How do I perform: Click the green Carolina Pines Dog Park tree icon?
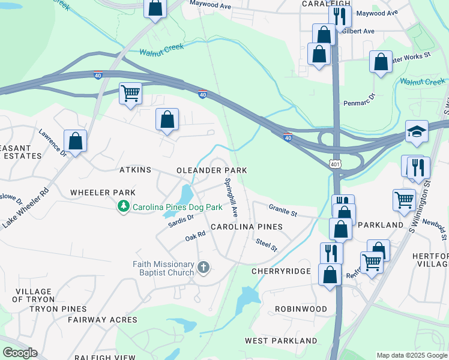coord(124,206)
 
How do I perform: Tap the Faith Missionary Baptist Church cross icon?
coord(203,266)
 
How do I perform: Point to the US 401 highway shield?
coord(335,163)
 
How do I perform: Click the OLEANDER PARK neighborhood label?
coord(211,170)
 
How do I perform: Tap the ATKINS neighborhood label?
coord(135,170)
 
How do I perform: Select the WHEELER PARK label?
coord(103,192)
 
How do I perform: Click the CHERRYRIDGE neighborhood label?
coord(281,271)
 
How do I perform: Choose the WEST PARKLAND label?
coord(281,340)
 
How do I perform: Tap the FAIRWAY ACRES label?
coord(102,320)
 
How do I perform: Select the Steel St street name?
coord(266,245)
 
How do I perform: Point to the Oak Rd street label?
coord(196,238)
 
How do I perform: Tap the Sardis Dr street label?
coord(181,221)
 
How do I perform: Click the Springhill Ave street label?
coord(232,197)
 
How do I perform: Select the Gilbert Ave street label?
coord(360,31)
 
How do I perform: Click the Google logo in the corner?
coord(20,353)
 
